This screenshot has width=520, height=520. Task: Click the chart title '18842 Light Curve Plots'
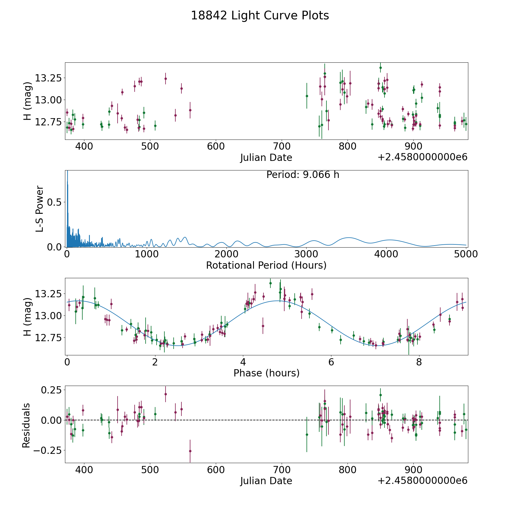[x=260, y=16]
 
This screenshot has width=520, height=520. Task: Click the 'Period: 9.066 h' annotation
[x=302, y=175]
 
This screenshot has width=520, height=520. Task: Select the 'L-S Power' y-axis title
[x=40, y=209]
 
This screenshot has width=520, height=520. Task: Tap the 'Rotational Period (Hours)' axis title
[x=266, y=265]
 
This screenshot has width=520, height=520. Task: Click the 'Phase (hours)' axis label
[x=266, y=373]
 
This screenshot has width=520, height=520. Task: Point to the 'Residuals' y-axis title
[x=26, y=425]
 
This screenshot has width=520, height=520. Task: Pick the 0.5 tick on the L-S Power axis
[x=54, y=202]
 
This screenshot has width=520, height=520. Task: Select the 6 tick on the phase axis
[x=331, y=362]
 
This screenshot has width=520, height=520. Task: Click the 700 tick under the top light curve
[x=282, y=146]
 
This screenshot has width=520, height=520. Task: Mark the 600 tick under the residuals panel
[x=216, y=470]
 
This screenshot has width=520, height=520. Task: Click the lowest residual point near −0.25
[x=190, y=451]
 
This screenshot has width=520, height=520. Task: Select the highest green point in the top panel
[x=380, y=68]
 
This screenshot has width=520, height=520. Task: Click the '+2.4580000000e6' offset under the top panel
[x=422, y=157]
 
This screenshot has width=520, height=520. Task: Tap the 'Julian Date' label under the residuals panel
[x=266, y=481]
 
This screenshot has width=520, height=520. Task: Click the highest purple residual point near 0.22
[x=166, y=394]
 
